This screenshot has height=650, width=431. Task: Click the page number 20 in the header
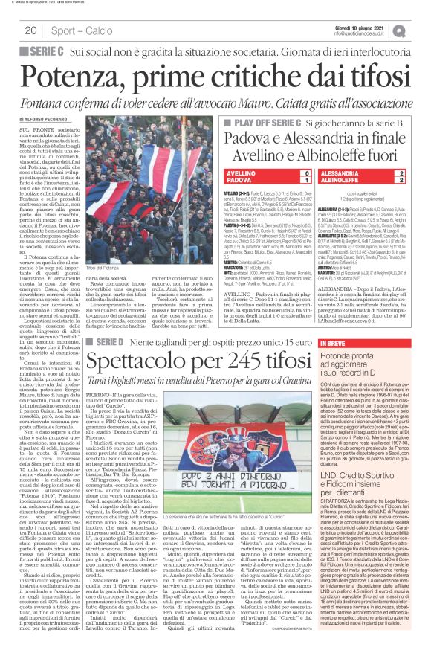pos(30,30)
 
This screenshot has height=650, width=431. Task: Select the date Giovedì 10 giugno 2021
pos(365,26)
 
